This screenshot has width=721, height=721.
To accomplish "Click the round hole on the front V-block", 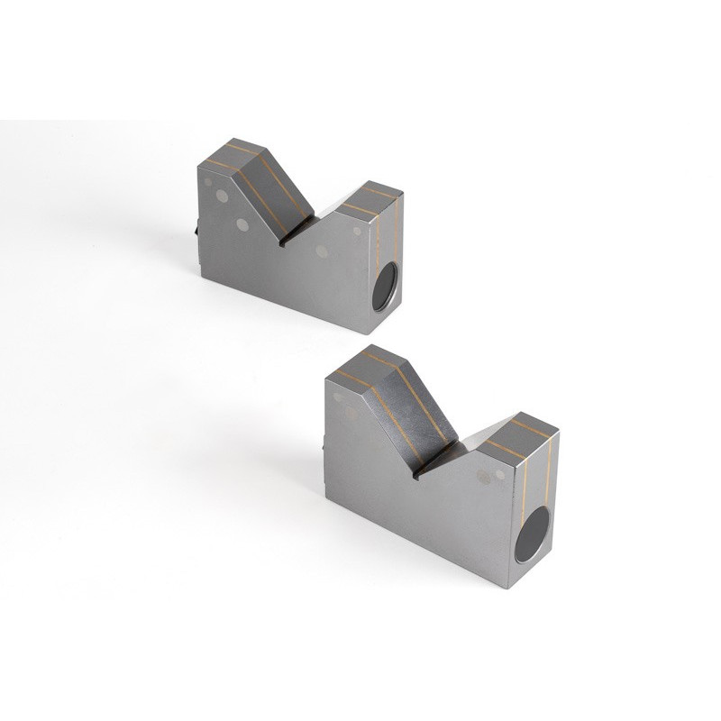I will [533, 534].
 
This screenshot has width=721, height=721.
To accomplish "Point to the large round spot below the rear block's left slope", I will [242, 224].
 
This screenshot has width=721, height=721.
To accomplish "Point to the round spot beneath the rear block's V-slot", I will [322, 251].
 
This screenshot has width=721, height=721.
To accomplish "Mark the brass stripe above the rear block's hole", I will [379, 243].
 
